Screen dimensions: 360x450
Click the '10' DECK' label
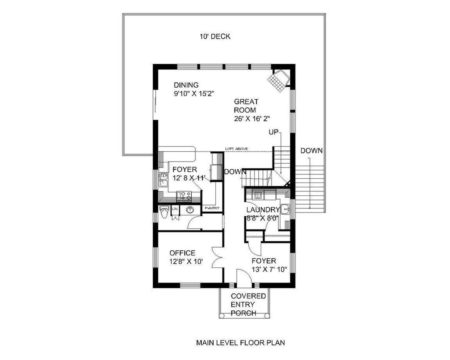(x=214, y=37)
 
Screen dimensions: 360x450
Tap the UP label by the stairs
(x=273, y=132)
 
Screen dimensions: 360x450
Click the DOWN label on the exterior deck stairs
(x=311, y=151)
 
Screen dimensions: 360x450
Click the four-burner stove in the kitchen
(x=184, y=195)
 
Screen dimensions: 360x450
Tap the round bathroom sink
(x=190, y=209)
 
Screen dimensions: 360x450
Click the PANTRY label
(x=211, y=208)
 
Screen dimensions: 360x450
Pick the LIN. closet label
(x=175, y=207)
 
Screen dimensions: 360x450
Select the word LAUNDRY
(x=262, y=210)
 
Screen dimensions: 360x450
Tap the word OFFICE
(x=182, y=253)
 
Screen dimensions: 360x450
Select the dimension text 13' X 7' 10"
(x=269, y=270)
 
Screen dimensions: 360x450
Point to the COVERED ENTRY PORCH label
(x=248, y=305)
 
